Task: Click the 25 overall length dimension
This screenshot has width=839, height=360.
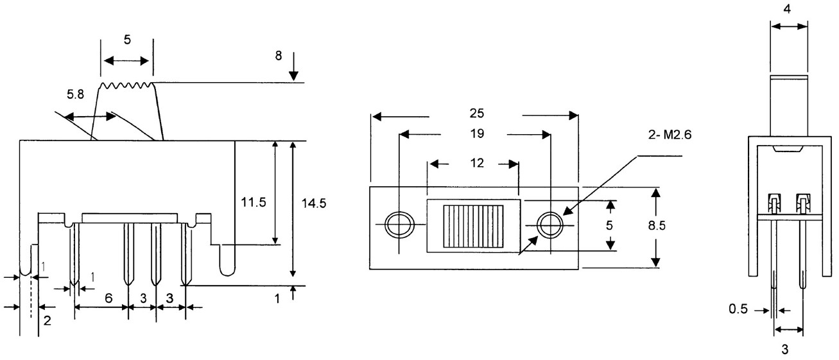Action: [476, 114]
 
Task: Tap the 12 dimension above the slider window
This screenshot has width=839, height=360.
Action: [476, 163]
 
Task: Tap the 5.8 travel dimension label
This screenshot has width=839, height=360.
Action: [74, 94]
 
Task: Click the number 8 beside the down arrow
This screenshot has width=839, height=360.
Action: [278, 55]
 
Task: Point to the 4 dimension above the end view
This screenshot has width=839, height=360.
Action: [789, 10]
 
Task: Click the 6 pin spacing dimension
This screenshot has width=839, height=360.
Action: [108, 298]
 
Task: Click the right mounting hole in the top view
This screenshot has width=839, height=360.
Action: [551, 225]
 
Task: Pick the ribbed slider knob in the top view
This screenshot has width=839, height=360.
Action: [473, 227]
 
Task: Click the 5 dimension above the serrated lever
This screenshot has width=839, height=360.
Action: [127, 40]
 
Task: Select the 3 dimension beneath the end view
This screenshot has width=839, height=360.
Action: [788, 350]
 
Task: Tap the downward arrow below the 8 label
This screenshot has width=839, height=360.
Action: [293, 68]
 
